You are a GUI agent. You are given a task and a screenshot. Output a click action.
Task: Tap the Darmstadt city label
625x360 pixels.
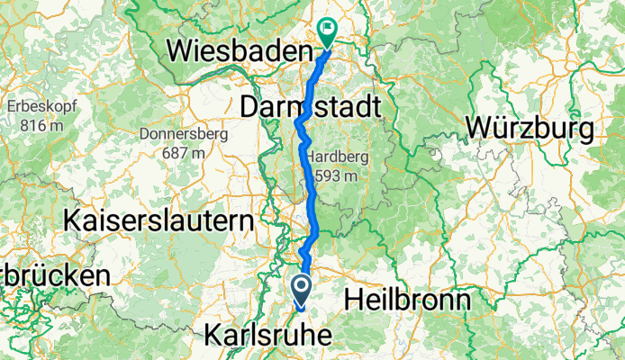pyautogui.click(x=312, y=108)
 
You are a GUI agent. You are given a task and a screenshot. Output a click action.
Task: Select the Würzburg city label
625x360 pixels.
pyautogui.click(x=530, y=129)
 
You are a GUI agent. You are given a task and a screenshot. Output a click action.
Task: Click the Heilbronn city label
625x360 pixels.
pyautogui.click(x=409, y=298)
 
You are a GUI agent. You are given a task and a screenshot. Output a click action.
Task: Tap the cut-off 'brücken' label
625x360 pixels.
pyautogui.click(x=55, y=274)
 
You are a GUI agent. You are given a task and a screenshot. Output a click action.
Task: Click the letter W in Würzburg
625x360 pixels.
pyautogui.click(x=478, y=129)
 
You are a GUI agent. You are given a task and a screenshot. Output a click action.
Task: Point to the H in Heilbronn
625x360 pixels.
pyautogui.click(x=354, y=298)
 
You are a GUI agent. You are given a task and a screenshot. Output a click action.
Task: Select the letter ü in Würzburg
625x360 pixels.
pyautogui.click(x=503, y=129)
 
